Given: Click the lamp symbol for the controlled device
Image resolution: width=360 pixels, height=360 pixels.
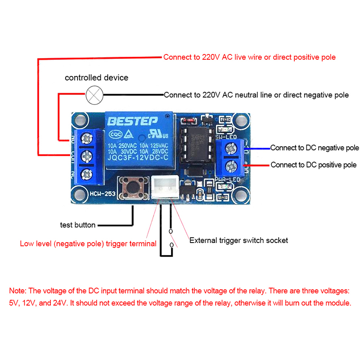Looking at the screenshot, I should click(94, 94).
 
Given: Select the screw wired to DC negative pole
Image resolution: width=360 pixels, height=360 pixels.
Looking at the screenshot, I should click(232, 148).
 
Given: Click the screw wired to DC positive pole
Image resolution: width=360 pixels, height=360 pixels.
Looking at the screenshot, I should click(232, 165).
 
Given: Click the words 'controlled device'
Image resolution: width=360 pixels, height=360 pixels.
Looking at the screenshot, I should click(96, 78).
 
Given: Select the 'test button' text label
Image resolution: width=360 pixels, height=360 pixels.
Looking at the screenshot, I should click(78, 225).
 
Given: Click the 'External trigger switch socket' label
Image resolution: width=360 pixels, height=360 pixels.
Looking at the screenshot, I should click(238, 240).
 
